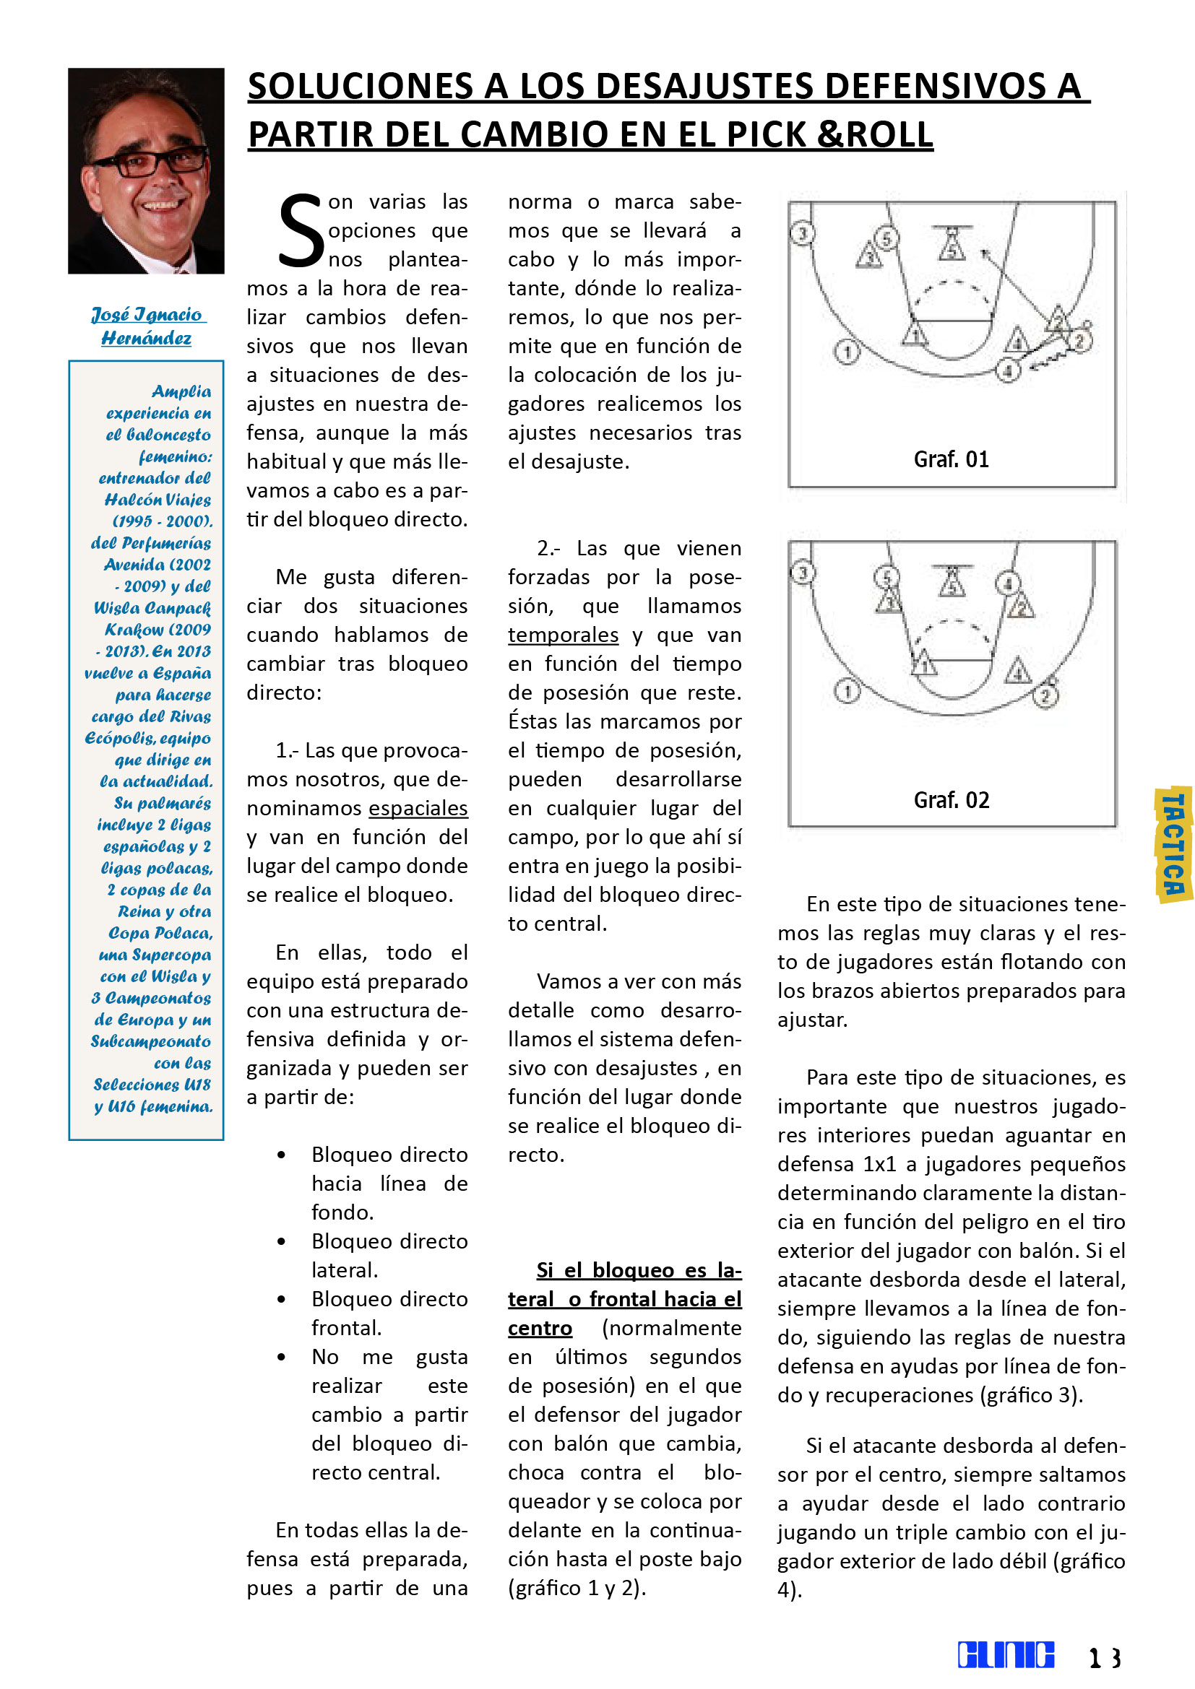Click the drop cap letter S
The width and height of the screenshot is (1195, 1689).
click(301, 231)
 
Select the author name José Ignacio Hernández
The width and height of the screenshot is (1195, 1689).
click(147, 326)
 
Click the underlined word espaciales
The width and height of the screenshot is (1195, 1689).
click(418, 808)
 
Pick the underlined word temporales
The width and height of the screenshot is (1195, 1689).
click(563, 635)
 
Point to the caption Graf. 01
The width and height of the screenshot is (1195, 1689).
click(951, 460)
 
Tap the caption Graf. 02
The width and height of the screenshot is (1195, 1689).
click(951, 799)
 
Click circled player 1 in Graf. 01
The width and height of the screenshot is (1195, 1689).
click(847, 352)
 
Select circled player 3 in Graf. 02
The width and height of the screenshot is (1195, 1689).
click(803, 573)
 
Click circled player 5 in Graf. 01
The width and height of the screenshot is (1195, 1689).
click(886, 238)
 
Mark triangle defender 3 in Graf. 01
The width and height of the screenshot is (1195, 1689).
click(869, 258)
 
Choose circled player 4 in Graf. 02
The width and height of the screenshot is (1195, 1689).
click(1008, 584)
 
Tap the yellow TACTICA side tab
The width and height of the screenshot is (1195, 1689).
click(1173, 846)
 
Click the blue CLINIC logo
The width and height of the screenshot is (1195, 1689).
click(1005, 1654)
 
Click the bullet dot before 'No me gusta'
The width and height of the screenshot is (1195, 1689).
click(281, 1358)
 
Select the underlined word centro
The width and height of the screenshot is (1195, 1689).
click(540, 1328)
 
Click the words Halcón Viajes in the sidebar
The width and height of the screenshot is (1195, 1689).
click(158, 500)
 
